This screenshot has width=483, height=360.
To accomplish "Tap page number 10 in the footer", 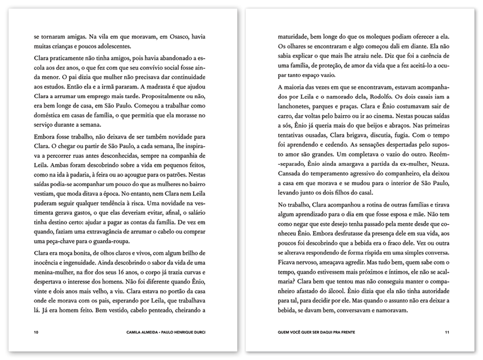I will [x=36, y=332].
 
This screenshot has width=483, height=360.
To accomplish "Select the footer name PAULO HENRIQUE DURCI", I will [x=180, y=332].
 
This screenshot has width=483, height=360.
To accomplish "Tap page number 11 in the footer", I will [x=447, y=332].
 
